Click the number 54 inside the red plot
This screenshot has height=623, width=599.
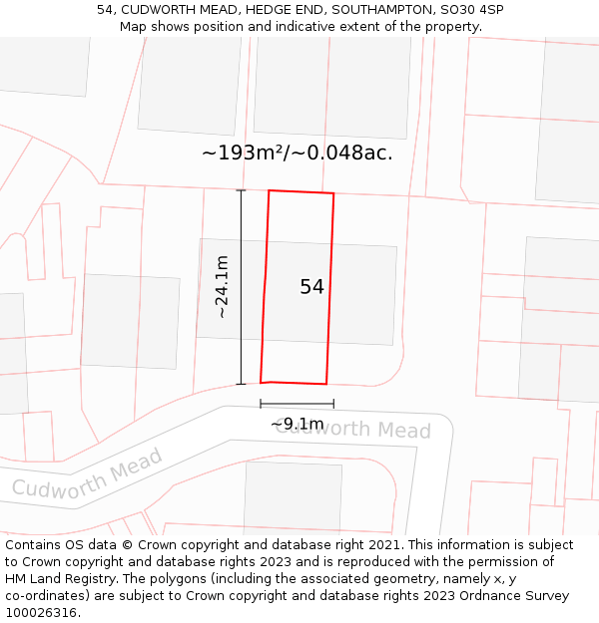[311, 287]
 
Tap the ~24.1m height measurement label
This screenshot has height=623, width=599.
[222, 287]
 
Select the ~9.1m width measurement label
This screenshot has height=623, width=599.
[297, 424]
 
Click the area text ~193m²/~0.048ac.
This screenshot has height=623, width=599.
[297, 153]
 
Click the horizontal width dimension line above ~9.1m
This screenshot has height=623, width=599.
[297, 404]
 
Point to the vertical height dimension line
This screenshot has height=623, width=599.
[241, 287]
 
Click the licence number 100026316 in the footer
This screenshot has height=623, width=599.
[43, 613]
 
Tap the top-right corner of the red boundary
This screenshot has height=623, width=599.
[333, 193]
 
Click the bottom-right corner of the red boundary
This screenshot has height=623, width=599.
[326, 384]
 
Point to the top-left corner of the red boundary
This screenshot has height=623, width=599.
[269, 190]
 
